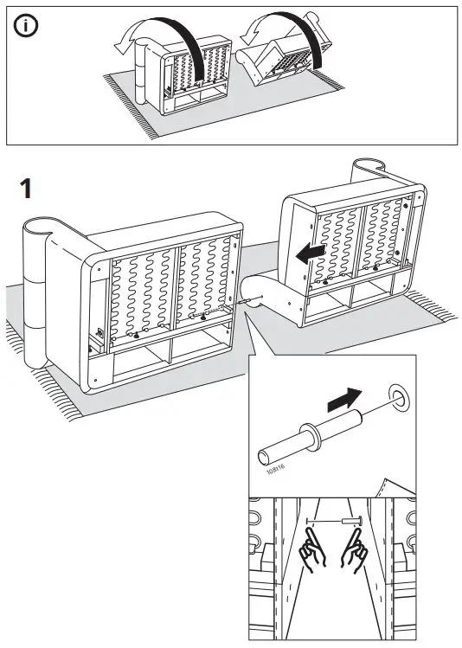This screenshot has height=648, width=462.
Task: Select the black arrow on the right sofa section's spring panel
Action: (x=312, y=250)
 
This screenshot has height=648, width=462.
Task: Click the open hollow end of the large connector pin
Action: (x=265, y=453)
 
